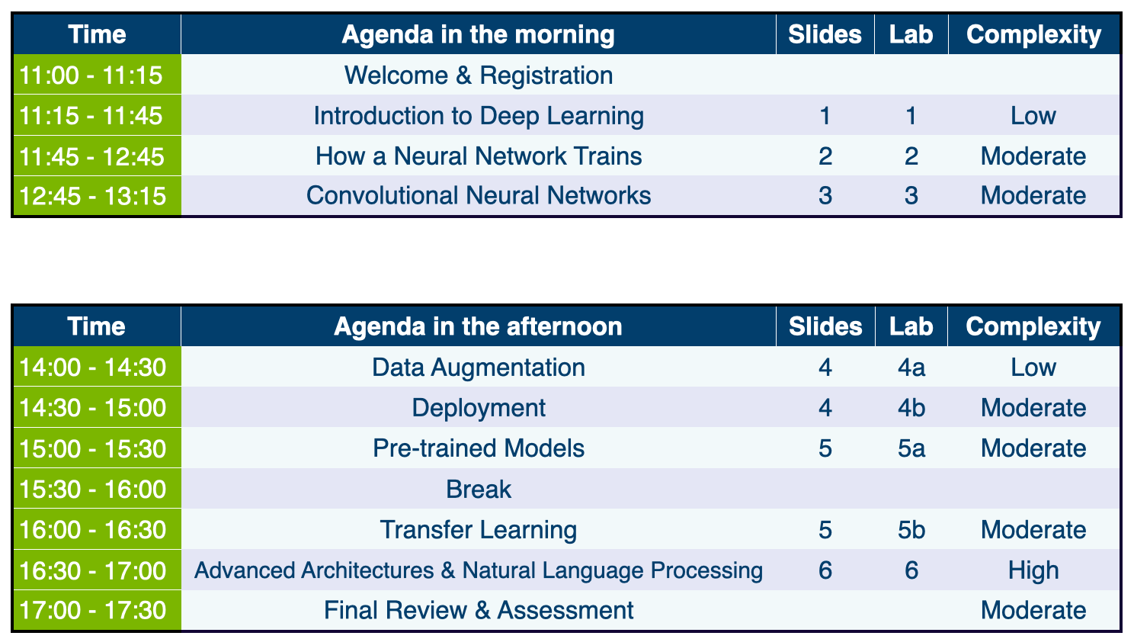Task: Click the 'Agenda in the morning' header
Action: coord(478,35)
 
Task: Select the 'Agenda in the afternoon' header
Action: coord(478,326)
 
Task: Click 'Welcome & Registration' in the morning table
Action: coord(479,75)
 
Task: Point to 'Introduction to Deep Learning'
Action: coord(479,116)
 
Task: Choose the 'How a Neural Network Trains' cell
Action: coord(479,156)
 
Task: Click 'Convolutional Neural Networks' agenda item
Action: coord(479,195)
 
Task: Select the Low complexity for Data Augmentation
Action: coord(1033,367)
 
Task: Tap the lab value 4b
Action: coord(911,408)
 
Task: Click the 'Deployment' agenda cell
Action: coord(479,408)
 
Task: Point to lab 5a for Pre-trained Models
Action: coord(911,448)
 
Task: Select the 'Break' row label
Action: coord(479,489)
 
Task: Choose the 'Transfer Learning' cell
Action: coord(479,530)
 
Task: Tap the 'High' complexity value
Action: coord(1033,570)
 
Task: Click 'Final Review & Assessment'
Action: coord(479,610)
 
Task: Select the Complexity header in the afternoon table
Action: coord(1033,326)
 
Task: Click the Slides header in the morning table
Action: coord(825,35)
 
